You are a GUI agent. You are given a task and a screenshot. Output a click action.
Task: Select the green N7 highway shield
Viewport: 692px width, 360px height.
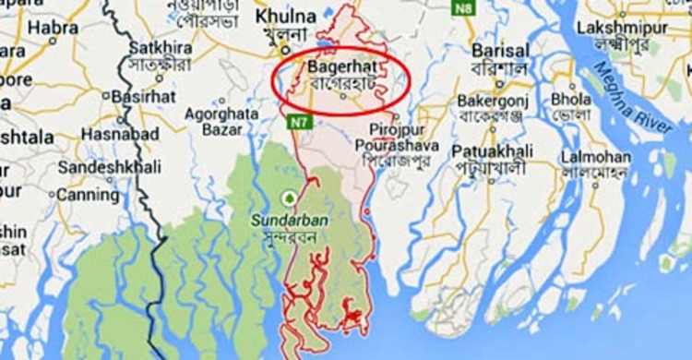pyautogui.click(x=295, y=120)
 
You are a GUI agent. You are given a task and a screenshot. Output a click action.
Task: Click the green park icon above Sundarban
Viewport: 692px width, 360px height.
pyautogui.click(x=288, y=198)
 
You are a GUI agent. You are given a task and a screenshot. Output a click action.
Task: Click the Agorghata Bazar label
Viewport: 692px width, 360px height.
pyautogui.click(x=222, y=122)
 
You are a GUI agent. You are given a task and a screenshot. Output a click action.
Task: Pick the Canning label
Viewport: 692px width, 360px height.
pyautogui.click(x=88, y=195)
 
